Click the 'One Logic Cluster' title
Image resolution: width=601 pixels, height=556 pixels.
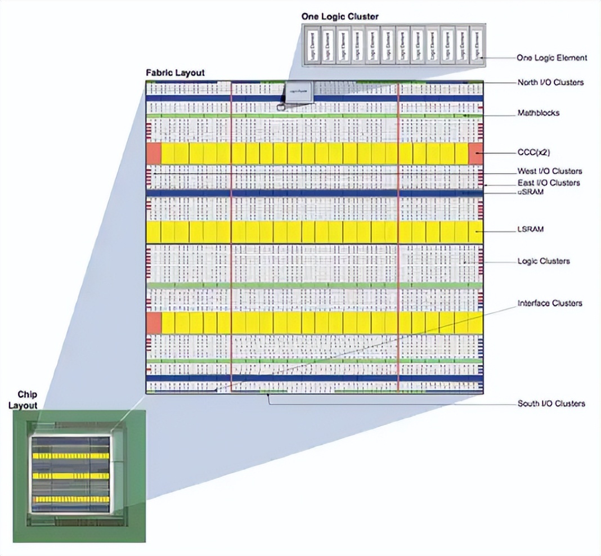point(340,17)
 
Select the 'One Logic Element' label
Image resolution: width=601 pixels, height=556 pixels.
point(551,57)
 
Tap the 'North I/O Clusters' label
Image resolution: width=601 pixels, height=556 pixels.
point(550,82)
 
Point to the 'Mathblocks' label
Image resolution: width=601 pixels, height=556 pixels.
point(539,113)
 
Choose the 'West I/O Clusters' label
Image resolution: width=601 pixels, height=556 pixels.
point(549,171)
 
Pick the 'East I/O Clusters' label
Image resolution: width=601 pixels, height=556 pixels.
point(549,183)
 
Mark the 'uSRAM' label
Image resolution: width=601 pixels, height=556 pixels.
point(530,192)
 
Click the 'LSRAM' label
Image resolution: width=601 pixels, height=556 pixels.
point(531,230)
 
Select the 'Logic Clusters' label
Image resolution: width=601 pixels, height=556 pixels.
point(544,261)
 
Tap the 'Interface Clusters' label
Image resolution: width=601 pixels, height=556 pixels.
point(550,303)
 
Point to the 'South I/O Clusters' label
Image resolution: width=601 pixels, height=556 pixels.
point(551,403)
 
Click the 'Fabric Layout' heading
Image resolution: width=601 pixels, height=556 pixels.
point(175,73)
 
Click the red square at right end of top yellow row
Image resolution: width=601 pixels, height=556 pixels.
point(476,154)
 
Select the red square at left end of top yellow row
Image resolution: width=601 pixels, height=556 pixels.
point(154,154)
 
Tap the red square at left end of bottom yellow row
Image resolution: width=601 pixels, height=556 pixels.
point(154,323)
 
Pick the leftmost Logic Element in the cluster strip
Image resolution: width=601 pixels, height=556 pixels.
point(313,46)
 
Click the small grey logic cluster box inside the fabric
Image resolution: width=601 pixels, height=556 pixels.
point(298,91)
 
